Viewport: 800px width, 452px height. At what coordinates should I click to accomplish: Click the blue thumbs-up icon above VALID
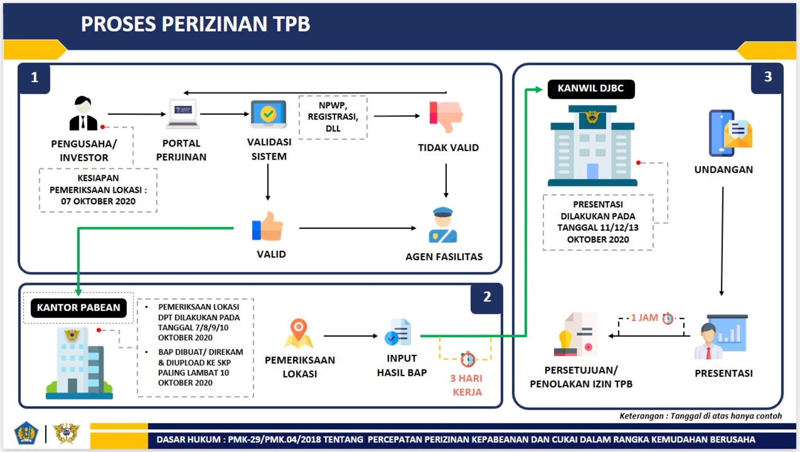[268, 226]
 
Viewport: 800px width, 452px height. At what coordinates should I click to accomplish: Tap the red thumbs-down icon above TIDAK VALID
[446, 116]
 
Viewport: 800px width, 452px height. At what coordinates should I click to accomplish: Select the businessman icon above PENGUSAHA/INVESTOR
[83, 114]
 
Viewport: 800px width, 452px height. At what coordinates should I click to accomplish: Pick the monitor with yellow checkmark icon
[268, 114]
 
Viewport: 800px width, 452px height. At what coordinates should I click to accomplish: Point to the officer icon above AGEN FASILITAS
[443, 225]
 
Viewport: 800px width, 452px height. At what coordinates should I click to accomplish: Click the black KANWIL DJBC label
[591, 89]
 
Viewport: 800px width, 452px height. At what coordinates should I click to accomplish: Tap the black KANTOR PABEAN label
[78, 308]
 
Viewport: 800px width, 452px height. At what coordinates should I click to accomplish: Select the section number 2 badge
[487, 297]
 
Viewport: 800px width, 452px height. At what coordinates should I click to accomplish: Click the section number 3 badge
[768, 77]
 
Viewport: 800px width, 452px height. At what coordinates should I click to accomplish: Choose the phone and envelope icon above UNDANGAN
[730, 133]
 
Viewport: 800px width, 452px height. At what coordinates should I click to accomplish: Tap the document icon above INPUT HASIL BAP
[399, 332]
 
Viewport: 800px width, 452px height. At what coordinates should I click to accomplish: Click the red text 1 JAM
[644, 318]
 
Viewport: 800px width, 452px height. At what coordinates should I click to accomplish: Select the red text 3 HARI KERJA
[466, 385]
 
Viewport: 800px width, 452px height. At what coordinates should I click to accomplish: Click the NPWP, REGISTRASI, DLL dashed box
[333, 117]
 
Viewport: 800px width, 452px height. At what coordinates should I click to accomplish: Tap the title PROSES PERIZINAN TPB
[195, 24]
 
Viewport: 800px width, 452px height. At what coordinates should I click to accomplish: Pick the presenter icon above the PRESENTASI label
[721, 337]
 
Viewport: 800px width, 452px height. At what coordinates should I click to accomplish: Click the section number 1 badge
[35, 77]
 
